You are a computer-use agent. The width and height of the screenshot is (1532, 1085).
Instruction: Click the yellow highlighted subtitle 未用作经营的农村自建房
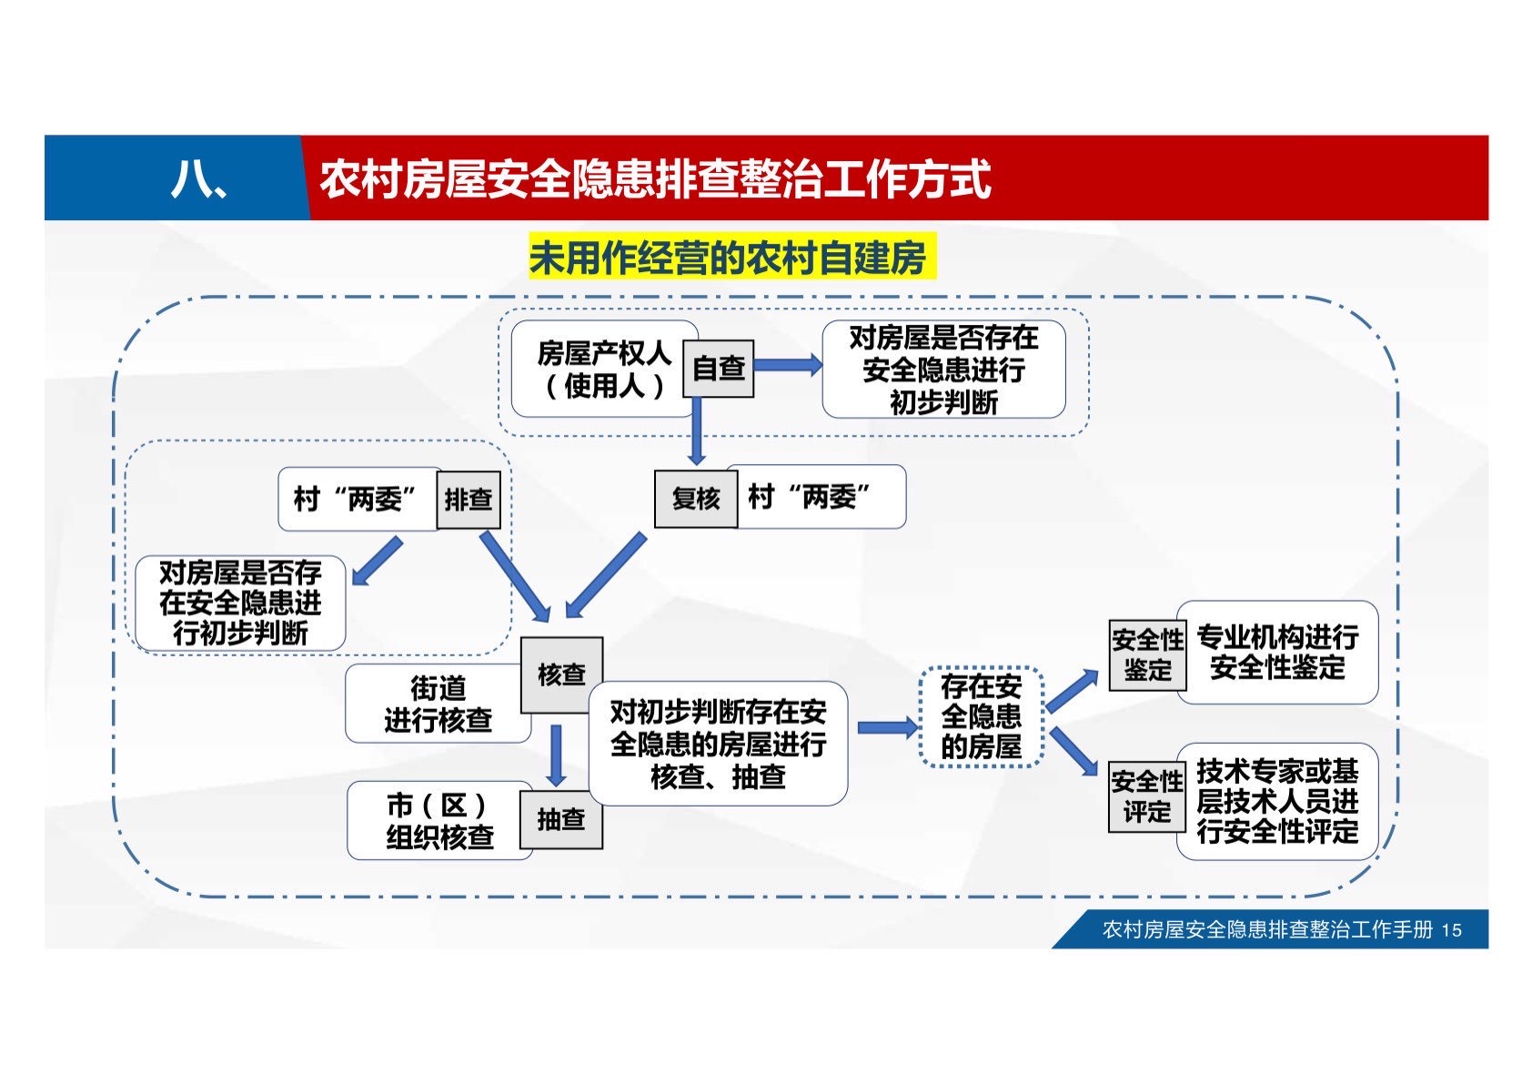click(731, 259)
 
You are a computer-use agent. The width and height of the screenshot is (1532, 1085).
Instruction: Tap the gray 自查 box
click(719, 368)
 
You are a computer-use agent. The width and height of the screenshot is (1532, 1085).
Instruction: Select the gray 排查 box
click(469, 499)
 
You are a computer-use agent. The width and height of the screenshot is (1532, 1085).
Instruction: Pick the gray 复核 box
click(696, 498)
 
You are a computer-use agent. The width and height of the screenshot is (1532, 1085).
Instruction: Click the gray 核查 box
click(561, 674)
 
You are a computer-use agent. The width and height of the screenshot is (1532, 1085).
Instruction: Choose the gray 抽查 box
click(560, 819)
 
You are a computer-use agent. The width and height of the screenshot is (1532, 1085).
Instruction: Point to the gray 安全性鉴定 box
click(1147, 654)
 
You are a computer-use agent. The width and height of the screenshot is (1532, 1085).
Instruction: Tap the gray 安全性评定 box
click(1147, 796)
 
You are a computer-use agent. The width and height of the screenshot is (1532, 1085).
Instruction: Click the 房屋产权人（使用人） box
click(601, 369)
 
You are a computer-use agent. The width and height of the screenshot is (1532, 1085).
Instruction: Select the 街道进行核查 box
click(437, 704)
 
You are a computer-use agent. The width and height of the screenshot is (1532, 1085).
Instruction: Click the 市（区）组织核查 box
click(438, 820)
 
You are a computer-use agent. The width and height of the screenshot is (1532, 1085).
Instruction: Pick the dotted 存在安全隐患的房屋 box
click(981, 716)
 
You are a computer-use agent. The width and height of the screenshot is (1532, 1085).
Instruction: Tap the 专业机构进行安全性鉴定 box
click(1277, 652)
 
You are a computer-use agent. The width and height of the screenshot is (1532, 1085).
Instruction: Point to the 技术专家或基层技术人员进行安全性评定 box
click(1277, 801)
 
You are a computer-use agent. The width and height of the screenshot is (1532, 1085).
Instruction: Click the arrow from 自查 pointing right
click(788, 365)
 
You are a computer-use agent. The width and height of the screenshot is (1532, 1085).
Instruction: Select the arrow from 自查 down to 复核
click(697, 431)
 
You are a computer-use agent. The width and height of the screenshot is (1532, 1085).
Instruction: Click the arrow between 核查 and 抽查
click(556, 755)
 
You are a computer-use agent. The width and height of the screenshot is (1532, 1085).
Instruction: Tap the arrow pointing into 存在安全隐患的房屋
click(887, 727)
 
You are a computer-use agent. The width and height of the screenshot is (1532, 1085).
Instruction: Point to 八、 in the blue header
click(198, 179)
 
